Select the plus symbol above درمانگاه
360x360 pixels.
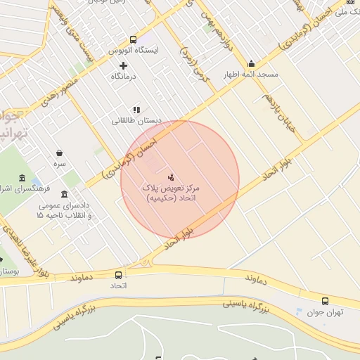(124, 65)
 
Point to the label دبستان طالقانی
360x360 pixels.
(136, 120)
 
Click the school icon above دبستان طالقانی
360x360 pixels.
(136, 110)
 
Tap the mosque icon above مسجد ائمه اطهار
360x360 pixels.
(251, 64)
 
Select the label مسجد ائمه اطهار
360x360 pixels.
(251, 74)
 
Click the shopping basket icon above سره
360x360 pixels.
(60, 152)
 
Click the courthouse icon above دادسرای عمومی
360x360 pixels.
(65, 194)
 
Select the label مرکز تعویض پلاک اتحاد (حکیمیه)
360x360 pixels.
(173, 195)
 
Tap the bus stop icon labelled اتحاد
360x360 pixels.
(118, 275)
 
